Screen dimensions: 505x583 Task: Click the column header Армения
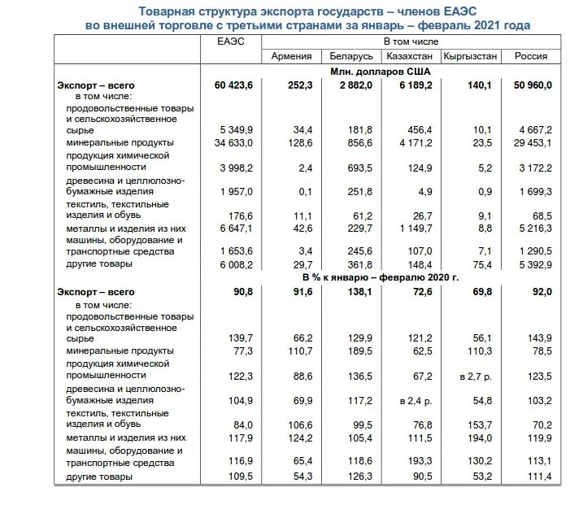point(290,56)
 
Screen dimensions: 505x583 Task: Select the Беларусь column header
point(351,56)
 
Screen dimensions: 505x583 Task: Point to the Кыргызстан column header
point(470,56)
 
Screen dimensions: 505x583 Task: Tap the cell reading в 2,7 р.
point(475,376)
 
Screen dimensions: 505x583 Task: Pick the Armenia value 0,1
point(306,191)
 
